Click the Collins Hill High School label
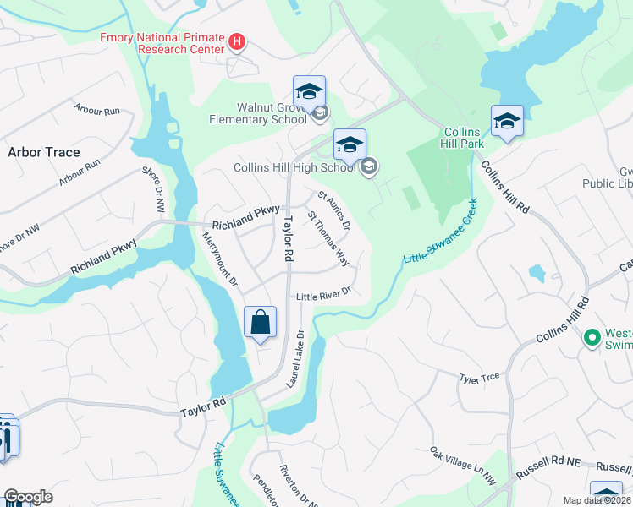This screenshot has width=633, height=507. click(x=294, y=167)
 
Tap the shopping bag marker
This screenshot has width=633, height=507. click(x=260, y=322)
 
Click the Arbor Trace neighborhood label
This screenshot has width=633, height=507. click(x=43, y=152)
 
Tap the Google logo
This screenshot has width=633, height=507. click(x=28, y=497)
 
